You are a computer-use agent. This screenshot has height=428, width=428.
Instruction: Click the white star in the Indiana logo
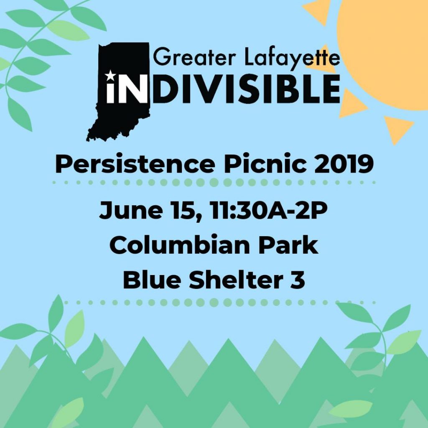[110, 76]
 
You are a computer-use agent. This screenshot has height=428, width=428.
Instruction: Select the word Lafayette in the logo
[292, 58]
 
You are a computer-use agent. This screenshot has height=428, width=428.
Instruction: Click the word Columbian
[179, 245]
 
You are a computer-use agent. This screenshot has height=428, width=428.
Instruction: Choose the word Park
[288, 245]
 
